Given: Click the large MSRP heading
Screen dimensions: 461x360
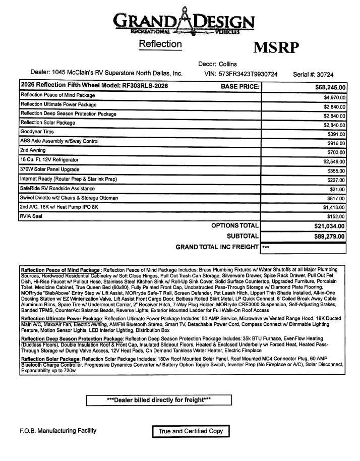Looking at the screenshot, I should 275,47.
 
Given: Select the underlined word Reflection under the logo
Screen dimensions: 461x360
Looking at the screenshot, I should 160,44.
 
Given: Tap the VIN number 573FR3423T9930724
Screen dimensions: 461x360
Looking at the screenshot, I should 249,74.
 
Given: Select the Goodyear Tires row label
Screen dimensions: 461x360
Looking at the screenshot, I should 37,132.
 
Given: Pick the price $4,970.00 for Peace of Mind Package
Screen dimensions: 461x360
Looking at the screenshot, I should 334,97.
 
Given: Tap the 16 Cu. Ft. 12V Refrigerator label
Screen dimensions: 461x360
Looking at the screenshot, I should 49,159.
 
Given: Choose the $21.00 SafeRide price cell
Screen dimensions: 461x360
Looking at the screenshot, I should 338,190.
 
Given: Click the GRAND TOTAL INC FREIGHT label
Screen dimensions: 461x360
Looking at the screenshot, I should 217,247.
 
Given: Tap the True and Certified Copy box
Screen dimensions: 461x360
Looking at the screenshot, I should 191,432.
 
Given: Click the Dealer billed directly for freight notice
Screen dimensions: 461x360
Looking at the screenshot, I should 159,400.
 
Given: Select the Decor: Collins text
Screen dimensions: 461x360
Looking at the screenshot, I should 218,64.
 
